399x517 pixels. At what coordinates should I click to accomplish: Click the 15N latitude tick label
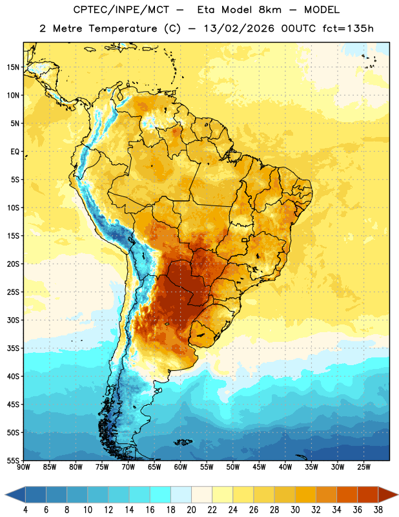click(13, 67)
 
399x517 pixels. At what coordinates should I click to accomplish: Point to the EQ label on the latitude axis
click(15, 152)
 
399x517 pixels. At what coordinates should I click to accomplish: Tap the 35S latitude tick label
click(13, 348)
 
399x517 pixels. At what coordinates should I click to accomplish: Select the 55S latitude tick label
click(13, 460)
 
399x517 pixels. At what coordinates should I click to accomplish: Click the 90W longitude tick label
click(23, 467)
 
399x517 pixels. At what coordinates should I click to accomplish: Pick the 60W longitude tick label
click(181, 467)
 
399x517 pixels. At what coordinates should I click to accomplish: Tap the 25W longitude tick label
click(363, 467)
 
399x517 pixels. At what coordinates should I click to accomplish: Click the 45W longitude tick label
click(259, 467)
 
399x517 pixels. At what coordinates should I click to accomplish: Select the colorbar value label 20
click(191, 510)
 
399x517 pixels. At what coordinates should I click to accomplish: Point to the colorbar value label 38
click(378, 510)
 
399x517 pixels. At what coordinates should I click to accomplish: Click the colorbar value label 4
click(25, 510)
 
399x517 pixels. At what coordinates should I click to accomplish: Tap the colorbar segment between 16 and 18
click(160, 494)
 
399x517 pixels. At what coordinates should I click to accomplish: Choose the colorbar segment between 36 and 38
click(368, 494)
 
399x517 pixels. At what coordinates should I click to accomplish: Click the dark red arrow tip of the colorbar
click(398, 494)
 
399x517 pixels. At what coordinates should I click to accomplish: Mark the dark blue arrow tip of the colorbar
click(5, 494)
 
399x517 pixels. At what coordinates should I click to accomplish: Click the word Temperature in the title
click(123, 28)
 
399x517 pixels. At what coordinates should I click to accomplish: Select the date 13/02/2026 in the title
click(238, 28)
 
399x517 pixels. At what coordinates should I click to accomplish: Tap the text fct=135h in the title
click(348, 28)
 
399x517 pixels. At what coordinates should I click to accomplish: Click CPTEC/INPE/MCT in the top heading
click(121, 10)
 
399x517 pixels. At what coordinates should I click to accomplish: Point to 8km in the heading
click(270, 10)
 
